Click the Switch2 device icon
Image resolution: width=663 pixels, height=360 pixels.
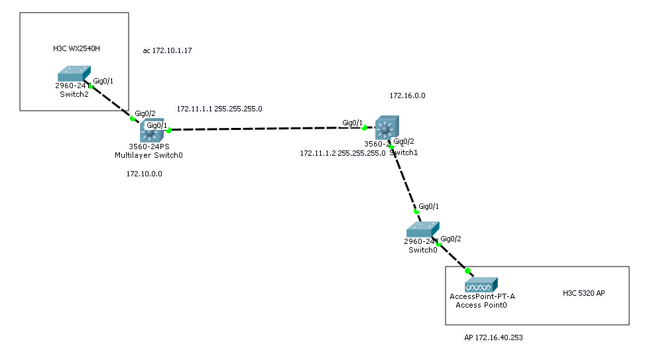pos(74,73)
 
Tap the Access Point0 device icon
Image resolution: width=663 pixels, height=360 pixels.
pos(481,285)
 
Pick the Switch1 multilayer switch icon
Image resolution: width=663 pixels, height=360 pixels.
pos(387,127)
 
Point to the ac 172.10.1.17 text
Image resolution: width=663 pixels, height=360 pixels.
pos(167,51)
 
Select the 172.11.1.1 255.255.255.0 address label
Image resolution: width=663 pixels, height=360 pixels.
pos(219,108)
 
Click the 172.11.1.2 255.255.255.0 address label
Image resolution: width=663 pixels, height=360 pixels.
pos(343,152)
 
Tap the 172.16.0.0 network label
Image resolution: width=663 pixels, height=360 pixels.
pos(407,95)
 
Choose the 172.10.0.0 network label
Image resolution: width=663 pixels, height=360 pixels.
pos(144,174)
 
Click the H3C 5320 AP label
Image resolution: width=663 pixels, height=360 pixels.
pos(583,293)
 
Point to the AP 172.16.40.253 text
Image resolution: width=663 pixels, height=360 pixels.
pos(493,337)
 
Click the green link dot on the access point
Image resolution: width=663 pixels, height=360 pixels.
pos(467,270)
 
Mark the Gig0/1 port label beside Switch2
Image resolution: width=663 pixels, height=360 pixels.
pos(103,81)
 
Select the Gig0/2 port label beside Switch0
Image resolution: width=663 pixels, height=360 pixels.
pos(451,239)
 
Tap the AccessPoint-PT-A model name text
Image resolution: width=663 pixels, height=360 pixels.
pos(482,296)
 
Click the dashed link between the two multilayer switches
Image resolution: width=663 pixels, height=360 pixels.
pos(265,129)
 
